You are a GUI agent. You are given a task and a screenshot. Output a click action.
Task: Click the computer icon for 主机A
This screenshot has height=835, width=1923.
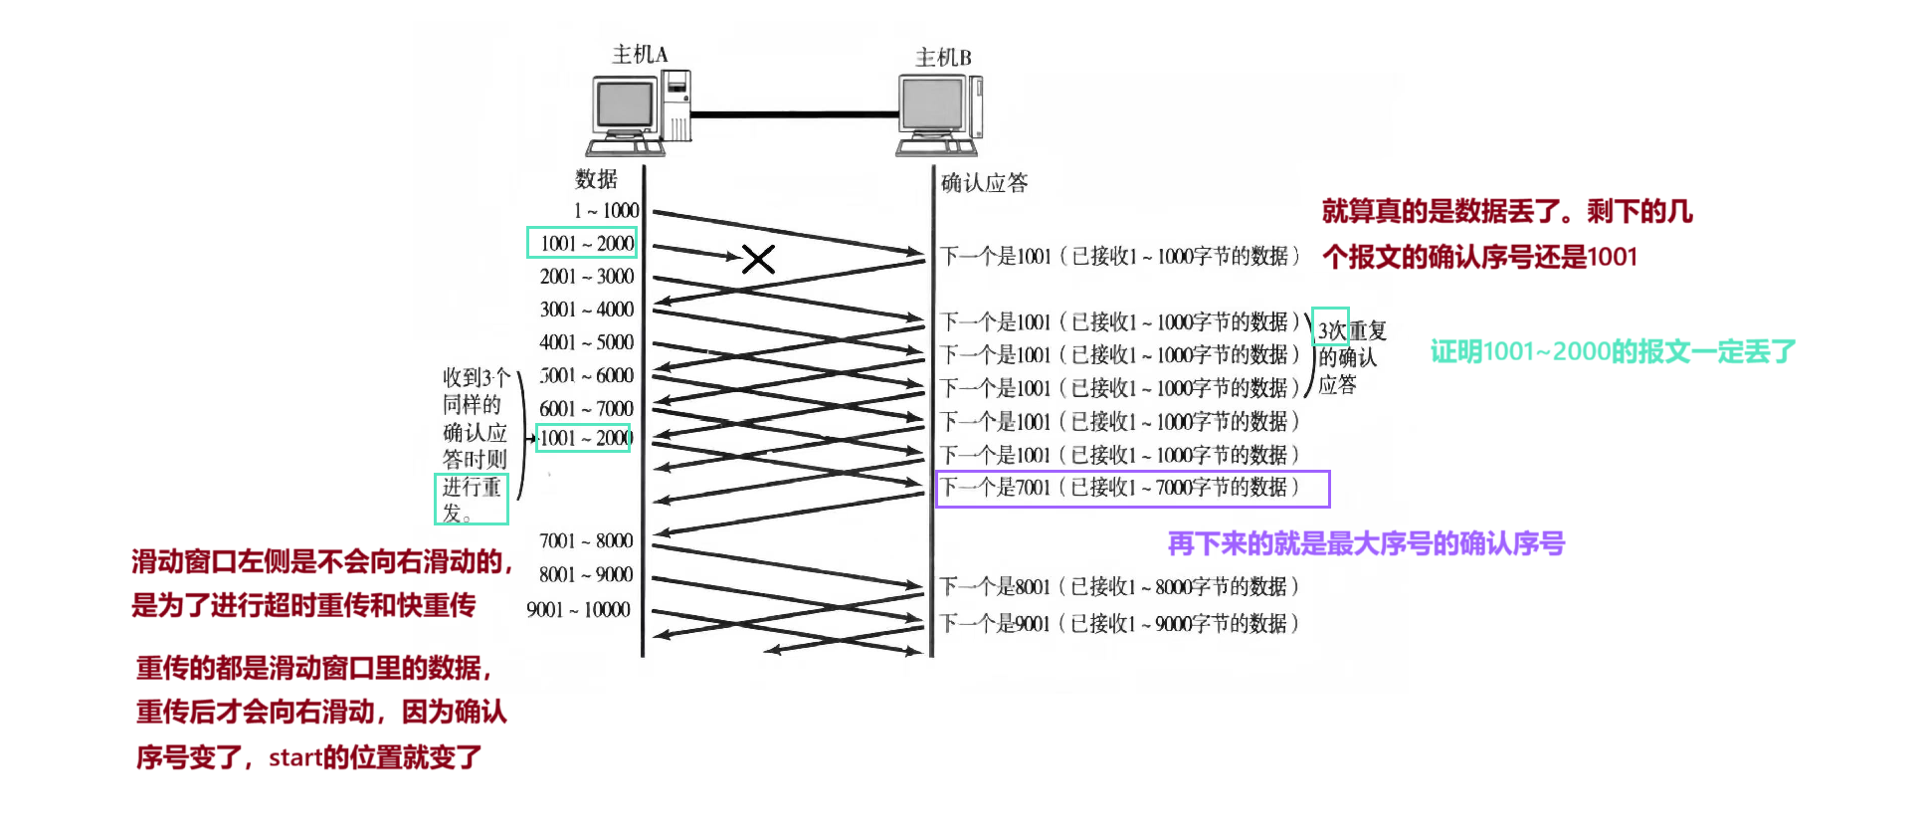pos(638,112)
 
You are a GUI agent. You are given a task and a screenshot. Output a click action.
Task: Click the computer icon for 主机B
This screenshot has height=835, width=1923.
pos(939,114)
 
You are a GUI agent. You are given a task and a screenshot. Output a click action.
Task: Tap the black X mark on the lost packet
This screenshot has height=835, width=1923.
pos(758,260)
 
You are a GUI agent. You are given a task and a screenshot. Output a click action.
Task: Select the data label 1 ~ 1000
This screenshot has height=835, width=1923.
pos(606,210)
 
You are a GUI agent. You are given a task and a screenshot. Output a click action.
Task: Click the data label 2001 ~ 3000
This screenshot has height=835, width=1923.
pos(586,277)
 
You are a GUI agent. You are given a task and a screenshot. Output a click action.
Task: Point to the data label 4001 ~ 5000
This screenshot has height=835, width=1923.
pos(586,342)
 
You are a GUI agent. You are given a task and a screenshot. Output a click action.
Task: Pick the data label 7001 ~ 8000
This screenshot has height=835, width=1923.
pos(585,541)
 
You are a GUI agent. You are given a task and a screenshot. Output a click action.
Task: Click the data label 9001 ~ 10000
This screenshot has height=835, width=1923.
pos(578,609)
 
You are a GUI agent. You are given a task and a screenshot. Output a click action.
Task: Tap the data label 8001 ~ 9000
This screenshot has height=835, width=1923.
pos(585,574)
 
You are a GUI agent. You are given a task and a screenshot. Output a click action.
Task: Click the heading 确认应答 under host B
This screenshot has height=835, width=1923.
pos(984,182)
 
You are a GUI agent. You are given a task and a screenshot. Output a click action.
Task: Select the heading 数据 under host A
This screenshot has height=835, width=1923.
pos(596,179)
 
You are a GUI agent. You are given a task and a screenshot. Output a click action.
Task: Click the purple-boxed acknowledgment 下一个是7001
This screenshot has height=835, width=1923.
pos(1132,488)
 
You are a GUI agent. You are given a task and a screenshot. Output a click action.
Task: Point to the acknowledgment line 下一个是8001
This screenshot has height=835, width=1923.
pos(1119,586)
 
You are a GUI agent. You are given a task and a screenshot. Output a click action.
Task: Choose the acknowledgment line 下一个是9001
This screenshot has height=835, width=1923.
pos(1119,624)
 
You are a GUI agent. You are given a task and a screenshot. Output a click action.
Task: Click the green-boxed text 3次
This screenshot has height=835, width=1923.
pos(1330,328)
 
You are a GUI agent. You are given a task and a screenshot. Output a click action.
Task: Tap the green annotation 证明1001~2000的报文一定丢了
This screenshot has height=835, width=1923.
pos(1613,351)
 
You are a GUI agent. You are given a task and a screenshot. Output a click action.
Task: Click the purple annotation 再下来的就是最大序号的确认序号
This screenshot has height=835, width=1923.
pos(1366,543)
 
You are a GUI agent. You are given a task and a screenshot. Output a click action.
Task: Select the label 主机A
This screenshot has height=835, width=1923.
pos(640,54)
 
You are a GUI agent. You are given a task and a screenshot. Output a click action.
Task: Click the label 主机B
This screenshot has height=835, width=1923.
pos(943,58)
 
